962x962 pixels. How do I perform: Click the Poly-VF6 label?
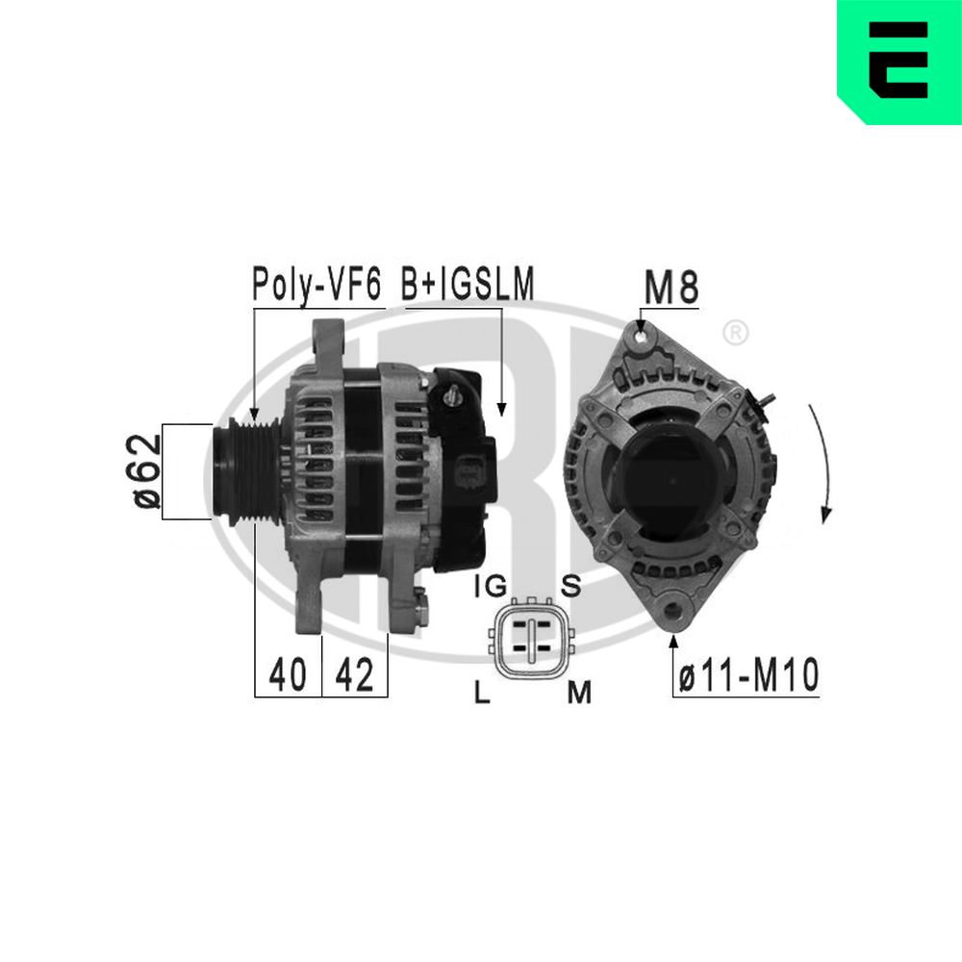316,284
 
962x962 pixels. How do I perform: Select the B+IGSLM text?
468,284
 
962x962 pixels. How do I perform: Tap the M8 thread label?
671,287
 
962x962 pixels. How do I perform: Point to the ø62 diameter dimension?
145,470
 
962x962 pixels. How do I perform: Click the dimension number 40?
288,676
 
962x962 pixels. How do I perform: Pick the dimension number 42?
353,676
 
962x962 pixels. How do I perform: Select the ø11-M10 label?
747,676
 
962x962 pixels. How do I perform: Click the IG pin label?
490,586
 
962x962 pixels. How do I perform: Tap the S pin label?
570,586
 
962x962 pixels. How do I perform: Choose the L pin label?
483,691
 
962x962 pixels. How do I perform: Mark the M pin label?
577,691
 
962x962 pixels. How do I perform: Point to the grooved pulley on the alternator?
246,470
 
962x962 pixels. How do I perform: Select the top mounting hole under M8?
643,336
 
